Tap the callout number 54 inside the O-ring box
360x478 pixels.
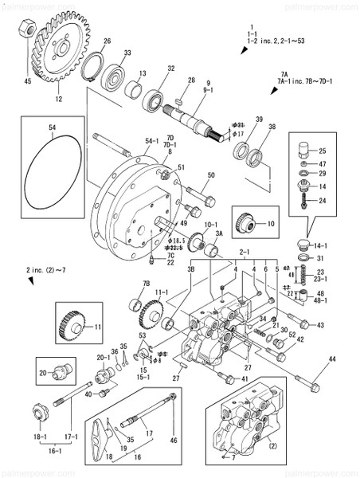(x=52, y=128)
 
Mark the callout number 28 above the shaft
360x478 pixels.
(x=191, y=80)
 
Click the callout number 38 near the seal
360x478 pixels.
(x=272, y=127)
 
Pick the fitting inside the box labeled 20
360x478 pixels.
(x=61, y=371)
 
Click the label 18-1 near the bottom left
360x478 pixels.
(x=40, y=437)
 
